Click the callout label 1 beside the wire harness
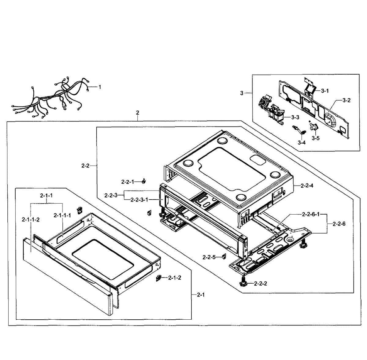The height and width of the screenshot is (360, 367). click(100, 87)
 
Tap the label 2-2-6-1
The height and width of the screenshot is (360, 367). click(311, 215)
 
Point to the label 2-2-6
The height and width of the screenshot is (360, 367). click(339, 224)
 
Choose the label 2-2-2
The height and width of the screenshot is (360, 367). click(261, 284)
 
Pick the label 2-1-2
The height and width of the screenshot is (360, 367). click(175, 277)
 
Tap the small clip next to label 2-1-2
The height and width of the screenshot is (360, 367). click(159, 277)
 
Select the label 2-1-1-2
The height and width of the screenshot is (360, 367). click(31, 219)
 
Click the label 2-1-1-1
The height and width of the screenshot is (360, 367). click(62, 215)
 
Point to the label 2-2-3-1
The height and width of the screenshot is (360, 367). click(139, 200)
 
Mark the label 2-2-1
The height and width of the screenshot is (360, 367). click(128, 182)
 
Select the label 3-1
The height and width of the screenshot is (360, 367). click(325, 91)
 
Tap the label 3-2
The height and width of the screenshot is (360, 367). click(347, 100)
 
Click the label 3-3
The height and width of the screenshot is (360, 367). click(295, 117)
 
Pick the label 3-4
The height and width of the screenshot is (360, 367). click(302, 142)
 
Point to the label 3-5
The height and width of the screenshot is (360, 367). click(316, 138)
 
